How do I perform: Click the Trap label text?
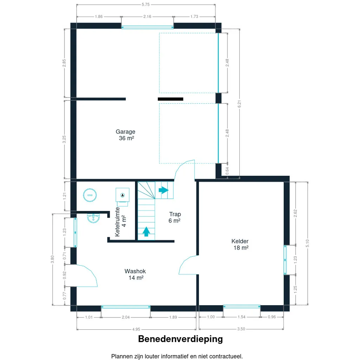(x=175, y=214)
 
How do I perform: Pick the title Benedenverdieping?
(x=180, y=339)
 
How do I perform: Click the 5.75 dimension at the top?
(x=146, y=4)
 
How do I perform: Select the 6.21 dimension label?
(x=239, y=104)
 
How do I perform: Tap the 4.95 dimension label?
(x=136, y=329)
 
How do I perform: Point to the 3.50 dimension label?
(x=241, y=329)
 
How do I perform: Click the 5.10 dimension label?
(x=307, y=243)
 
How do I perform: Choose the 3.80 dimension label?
(x=52, y=259)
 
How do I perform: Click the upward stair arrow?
(x=146, y=231)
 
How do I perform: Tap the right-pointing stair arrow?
(x=163, y=190)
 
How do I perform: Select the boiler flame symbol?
(x=122, y=195)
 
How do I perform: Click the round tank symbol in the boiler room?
(x=90, y=195)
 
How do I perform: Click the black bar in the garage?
(x=171, y=99)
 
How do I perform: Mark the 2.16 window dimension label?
(x=147, y=17)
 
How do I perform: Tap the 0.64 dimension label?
(x=227, y=171)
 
